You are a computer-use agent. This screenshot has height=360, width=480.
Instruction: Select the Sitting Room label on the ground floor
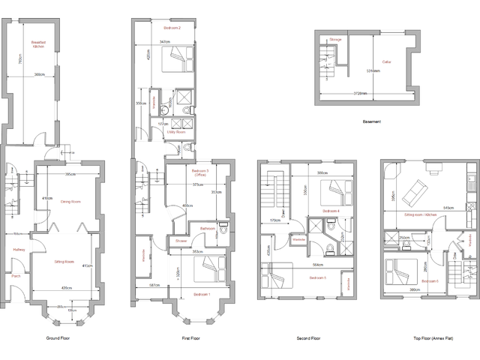(x=64, y=262)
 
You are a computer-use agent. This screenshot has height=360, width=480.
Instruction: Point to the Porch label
(x=16, y=275)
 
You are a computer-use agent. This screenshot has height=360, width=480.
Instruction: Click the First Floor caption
(x=192, y=339)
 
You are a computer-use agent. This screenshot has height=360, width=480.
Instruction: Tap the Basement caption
(x=372, y=121)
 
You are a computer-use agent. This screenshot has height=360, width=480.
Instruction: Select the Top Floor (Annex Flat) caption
(x=431, y=339)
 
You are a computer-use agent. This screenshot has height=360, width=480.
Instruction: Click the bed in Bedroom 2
(x=178, y=55)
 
